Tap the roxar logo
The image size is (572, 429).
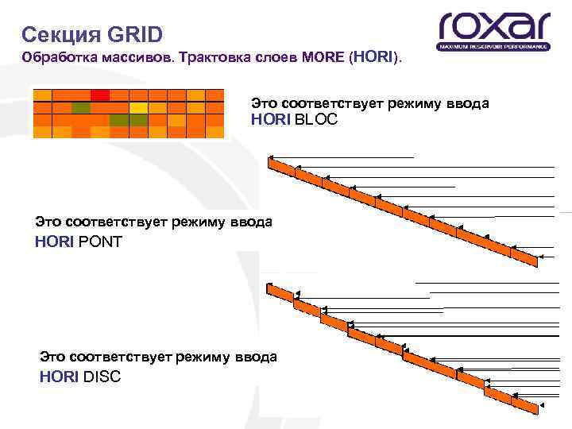(x=493, y=30)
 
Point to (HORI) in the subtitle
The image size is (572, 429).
(x=375, y=58)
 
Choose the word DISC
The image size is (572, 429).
(x=102, y=377)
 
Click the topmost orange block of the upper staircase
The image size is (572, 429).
(x=281, y=167)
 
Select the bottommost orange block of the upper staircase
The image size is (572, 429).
(x=524, y=257)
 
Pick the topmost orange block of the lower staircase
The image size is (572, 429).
(x=280, y=292)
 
